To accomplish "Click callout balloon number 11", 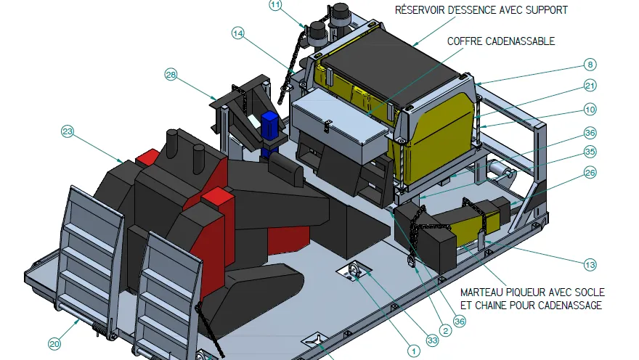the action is (x=275, y=5).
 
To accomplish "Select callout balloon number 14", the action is (x=238, y=33).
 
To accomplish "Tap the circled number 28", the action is (x=171, y=75).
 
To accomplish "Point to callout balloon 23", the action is (x=68, y=131).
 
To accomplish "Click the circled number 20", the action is (x=54, y=344).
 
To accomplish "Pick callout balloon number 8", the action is (x=590, y=65).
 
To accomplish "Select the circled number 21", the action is (x=590, y=86).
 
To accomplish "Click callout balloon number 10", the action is (x=590, y=109).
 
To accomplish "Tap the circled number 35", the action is (x=590, y=152).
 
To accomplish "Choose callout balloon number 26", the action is (x=590, y=173).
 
